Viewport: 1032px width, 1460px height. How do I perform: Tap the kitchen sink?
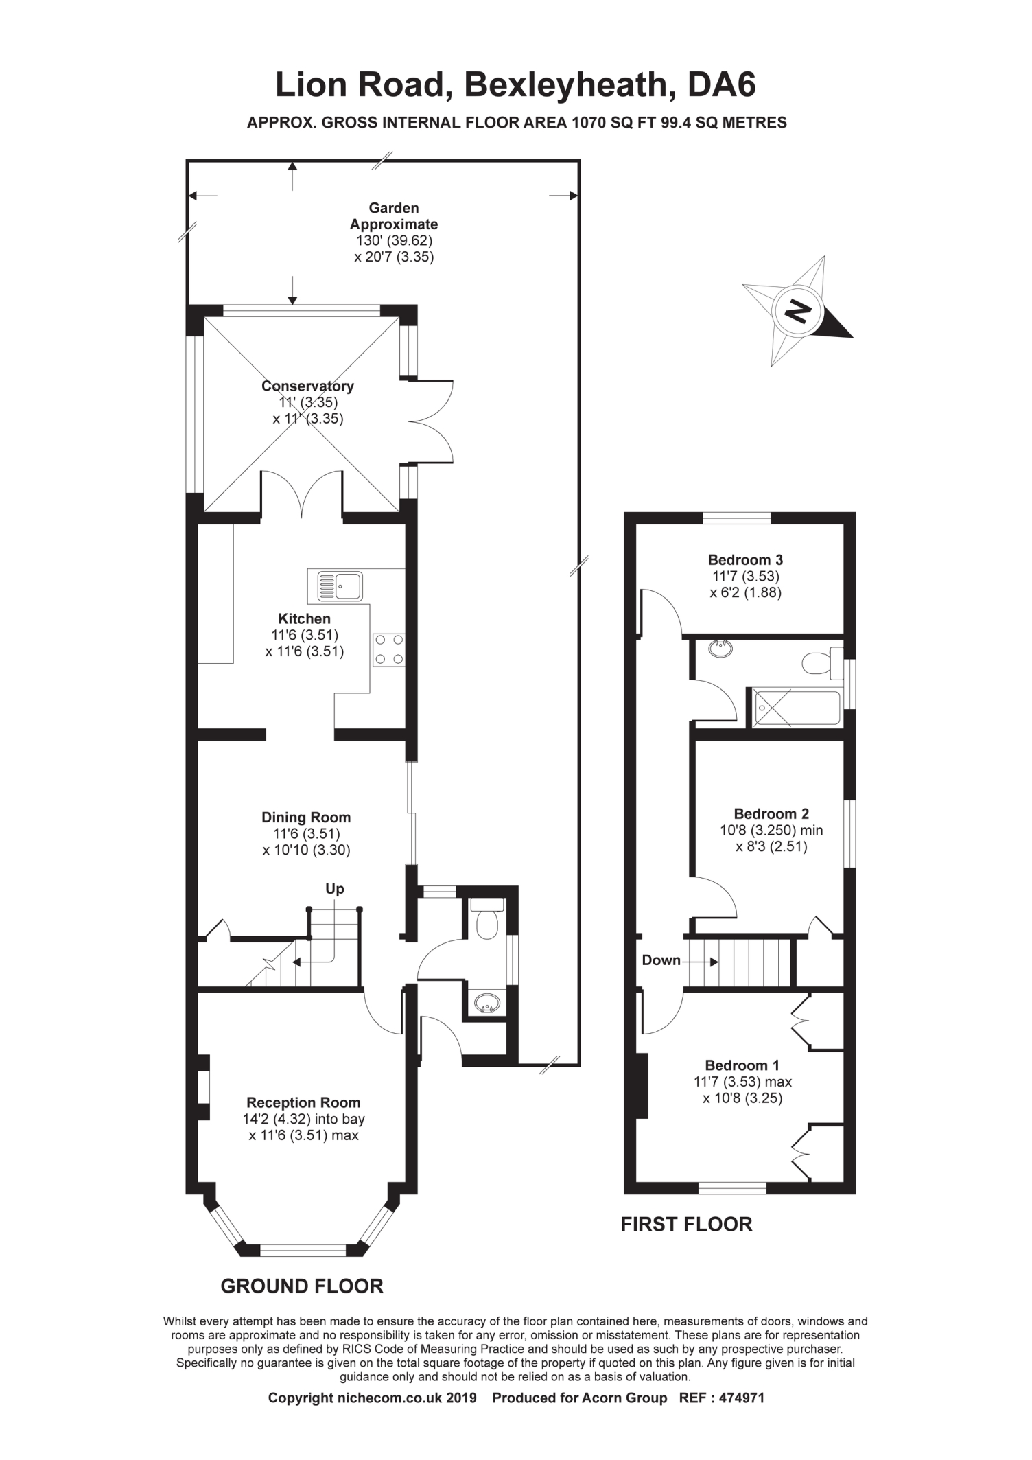[340, 586]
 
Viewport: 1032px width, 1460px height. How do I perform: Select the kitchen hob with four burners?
[388, 650]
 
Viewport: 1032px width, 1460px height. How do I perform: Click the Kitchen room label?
[304, 618]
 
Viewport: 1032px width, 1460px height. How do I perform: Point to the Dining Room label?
[306, 817]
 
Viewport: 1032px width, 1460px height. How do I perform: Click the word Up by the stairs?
[335, 889]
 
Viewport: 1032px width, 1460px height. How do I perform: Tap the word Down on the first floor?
[661, 960]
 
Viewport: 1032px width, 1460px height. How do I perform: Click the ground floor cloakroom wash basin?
[487, 1004]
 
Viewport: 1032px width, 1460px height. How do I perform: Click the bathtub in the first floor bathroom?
[797, 708]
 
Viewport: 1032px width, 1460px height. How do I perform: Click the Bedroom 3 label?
[746, 559]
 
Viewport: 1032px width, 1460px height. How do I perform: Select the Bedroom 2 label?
[771, 813]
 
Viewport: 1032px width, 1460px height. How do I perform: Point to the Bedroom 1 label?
[742, 1065]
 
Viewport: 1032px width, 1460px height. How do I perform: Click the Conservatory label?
[307, 386]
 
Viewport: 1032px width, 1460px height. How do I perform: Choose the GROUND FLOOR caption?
[302, 1286]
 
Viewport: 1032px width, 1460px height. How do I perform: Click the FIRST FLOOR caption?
[686, 1224]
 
